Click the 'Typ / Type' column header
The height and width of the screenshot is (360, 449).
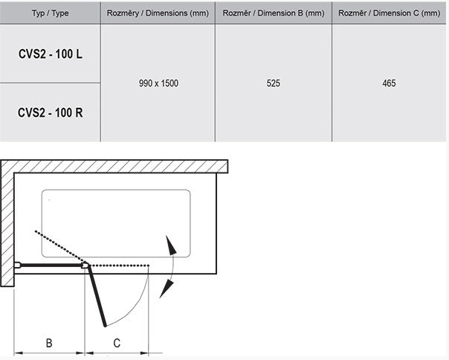coord(50,13)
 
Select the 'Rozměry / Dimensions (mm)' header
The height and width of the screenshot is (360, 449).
coord(158,13)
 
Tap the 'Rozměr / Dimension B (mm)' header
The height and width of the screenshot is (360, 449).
coord(274,13)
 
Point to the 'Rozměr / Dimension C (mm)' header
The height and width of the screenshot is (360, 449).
coord(389,13)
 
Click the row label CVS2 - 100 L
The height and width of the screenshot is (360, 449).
coord(51,54)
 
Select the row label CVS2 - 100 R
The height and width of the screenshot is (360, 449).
coord(51,112)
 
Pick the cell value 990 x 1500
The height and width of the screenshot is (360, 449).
coord(158,83)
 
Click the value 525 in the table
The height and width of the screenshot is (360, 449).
coord(273,83)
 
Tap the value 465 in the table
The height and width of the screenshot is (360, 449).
coord(389,83)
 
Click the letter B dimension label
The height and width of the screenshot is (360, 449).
coord(49,343)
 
